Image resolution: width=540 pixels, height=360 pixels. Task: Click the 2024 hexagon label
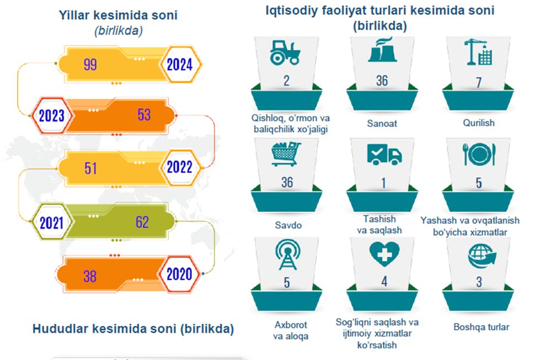click(180, 65)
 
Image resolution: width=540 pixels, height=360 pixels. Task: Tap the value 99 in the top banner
click(90, 65)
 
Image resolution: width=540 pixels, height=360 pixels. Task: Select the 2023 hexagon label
click(52, 116)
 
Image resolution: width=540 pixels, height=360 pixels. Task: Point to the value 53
click(144, 115)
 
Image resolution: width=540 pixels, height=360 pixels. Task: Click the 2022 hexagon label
click(180, 168)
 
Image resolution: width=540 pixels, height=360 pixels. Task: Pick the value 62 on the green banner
click(142, 222)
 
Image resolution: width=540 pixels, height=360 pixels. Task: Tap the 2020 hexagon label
click(179, 274)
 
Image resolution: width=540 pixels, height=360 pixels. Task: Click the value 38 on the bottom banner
click(89, 276)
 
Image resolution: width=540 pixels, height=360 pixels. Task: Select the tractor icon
click(285, 53)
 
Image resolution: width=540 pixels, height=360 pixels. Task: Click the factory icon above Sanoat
click(382, 50)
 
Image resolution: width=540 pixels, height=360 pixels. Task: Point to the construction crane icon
click(478, 52)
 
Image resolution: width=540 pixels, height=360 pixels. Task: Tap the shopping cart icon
click(286, 154)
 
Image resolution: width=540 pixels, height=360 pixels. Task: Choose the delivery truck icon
click(384, 154)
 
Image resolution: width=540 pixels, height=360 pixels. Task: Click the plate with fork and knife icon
click(479, 154)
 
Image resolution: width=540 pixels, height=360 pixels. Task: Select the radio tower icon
click(287, 254)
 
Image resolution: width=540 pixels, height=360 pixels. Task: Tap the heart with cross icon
click(384, 254)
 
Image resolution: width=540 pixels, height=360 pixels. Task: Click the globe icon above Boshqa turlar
click(482, 256)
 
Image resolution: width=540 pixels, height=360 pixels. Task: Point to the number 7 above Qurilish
click(479, 83)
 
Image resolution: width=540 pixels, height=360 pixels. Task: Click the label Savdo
click(288, 225)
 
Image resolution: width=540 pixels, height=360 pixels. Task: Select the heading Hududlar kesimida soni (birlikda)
click(133, 329)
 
